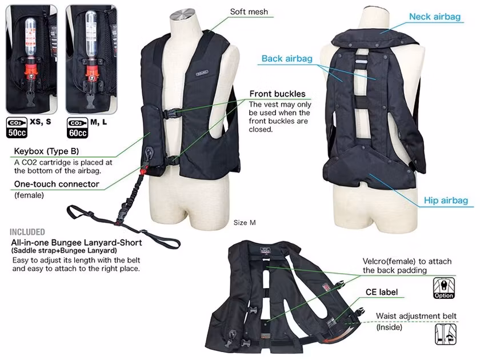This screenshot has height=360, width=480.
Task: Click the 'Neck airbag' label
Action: (435, 17)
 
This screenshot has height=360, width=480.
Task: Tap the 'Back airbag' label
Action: (287, 58)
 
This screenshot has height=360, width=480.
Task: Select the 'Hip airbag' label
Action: (446, 201)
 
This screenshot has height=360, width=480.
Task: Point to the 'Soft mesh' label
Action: (249, 11)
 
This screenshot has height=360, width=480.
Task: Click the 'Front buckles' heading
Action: (277, 94)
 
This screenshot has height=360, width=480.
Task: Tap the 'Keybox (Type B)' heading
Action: (46, 151)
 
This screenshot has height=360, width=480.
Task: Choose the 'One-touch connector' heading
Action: (57, 184)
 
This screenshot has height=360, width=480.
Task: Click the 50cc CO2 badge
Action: (17, 127)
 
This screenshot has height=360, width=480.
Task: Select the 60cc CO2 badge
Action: (78, 128)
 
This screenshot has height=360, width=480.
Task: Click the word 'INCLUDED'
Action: (27, 232)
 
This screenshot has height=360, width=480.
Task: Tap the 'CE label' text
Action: (382, 292)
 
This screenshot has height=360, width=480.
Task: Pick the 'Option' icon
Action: (444, 288)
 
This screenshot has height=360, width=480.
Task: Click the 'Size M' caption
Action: (245, 222)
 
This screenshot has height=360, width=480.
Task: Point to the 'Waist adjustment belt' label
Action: (416, 315)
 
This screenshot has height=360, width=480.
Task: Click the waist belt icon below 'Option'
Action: (445, 334)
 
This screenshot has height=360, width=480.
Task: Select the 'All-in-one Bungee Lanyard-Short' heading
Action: (77, 242)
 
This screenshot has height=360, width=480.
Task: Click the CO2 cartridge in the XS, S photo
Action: (30, 37)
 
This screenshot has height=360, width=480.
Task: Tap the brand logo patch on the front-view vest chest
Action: (202, 73)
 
